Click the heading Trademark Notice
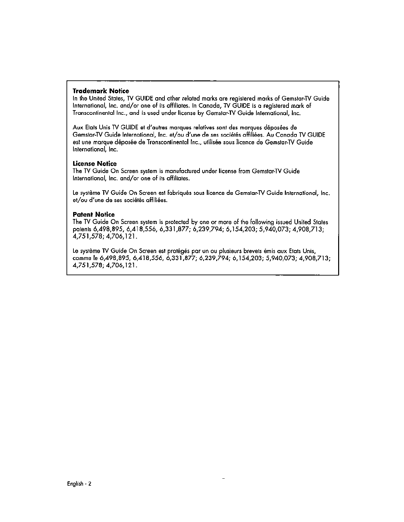coord(101,91)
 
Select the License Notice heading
coord(95,164)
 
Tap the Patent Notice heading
coord(94,214)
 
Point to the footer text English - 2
coord(79,484)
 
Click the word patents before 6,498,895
coord(82,229)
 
